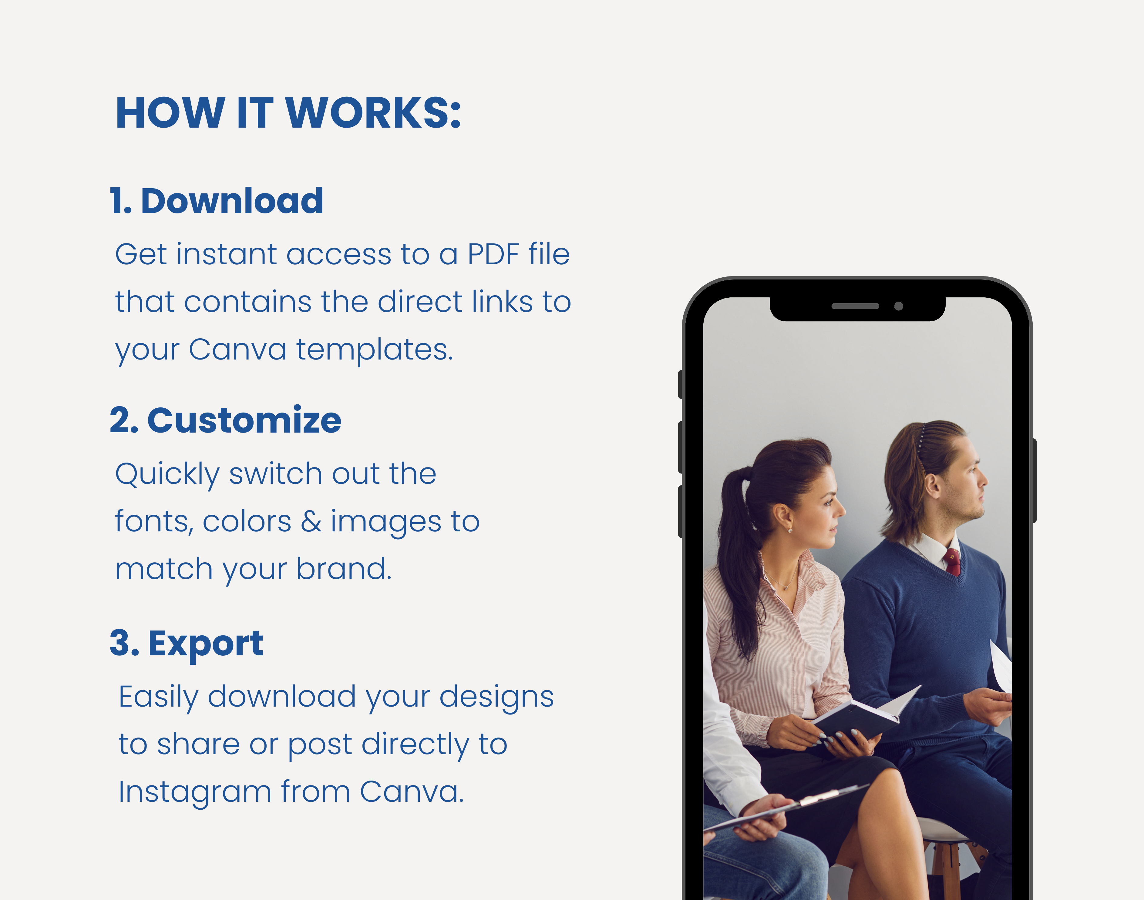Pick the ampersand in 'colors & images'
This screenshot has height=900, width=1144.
pyautogui.click(x=311, y=522)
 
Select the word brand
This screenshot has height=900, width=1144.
pyautogui.click(x=344, y=569)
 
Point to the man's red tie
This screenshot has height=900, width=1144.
pyautogui.click(x=952, y=562)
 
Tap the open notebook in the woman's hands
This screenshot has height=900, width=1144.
pyautogui.click(x=865, y=711)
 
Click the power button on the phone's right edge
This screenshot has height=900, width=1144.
pyautogui.click(x=1034, y=480)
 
